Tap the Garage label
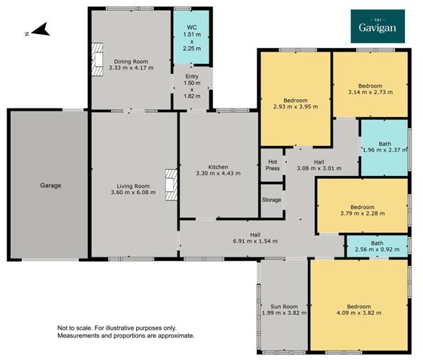click(50, 185)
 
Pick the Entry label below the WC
click(191, 76)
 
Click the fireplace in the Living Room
click(170, 185)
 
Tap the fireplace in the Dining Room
click(94, 60)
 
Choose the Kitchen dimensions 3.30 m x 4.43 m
click(219, 173)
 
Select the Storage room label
click(271, 200)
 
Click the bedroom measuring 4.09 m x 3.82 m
click(357, 309)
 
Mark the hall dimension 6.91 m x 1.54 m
click(255, 241)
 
